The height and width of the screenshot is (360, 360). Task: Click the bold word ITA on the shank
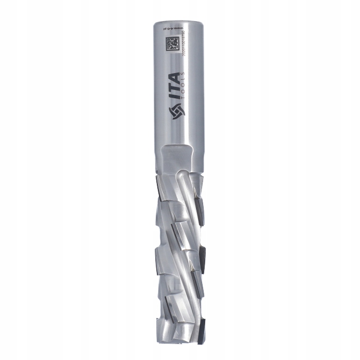(x=174, y=85)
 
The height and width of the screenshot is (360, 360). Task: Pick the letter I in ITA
(x=174, y=95)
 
